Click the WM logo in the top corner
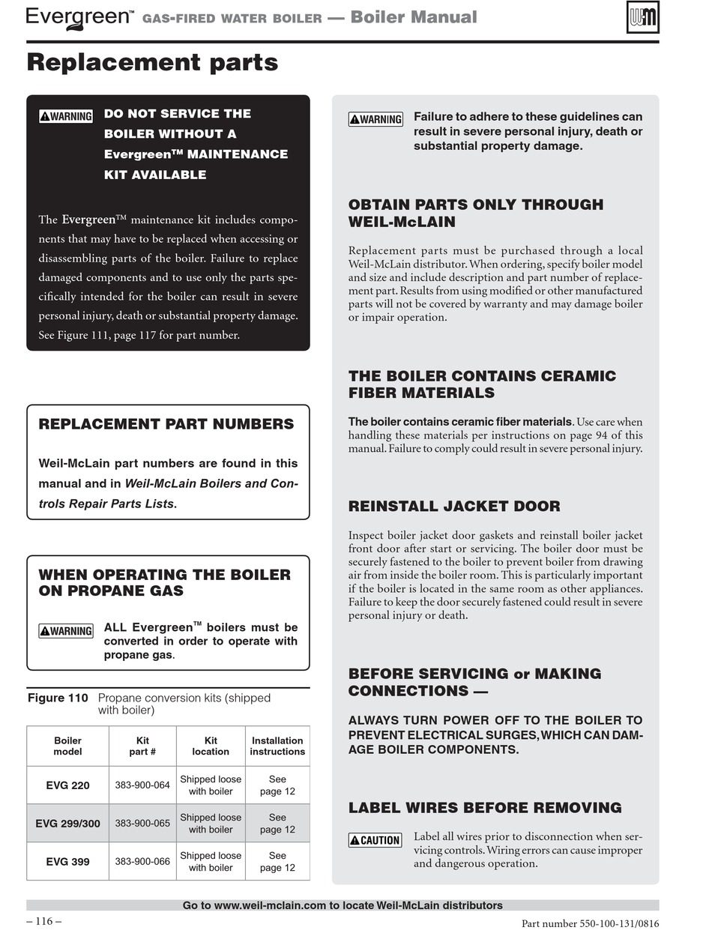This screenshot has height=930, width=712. click(x=642, y=17)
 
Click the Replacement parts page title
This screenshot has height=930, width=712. click(x=152, y=62)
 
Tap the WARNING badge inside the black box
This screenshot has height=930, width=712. click(x=66, y=116)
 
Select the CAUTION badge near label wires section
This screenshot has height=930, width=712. click(x=375, y=840)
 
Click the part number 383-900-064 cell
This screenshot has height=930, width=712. click(x=142, y=785)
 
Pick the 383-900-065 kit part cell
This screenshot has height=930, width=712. click(x=142, y=823)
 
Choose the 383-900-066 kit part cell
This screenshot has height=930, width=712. click(x=142, y=861)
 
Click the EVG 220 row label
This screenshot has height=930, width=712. click(x=67, y=785)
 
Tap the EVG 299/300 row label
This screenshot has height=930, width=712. click(x=67, y=823)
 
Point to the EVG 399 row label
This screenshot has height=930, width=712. click(x=67, y=861)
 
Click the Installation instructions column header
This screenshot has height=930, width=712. click(x=277, y=746)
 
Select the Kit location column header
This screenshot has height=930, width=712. click(x=211, y=746)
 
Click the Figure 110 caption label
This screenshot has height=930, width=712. click(x=58, y=698)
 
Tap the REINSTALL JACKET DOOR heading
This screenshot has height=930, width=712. click(x=454, y=506)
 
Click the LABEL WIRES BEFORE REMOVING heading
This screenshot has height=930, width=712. click(x=485, y=808)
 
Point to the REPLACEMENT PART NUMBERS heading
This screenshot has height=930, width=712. click(x=166, y=424)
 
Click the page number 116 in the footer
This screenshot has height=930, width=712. click(x=43, y=921)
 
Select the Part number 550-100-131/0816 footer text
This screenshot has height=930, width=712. click(x=590, y=924)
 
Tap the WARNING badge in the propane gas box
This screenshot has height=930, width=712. click(x=66, y=631)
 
